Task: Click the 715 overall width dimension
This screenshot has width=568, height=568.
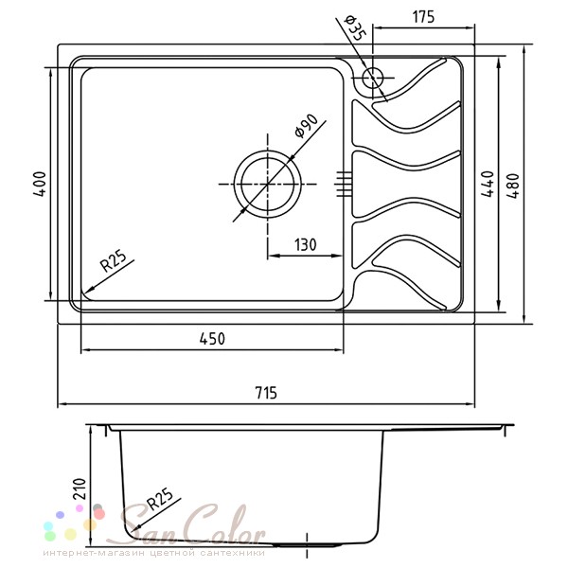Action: click(266, 393)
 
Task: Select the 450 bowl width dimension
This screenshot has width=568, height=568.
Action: click(212, 339)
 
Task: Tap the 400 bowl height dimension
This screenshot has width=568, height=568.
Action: click(40, 184)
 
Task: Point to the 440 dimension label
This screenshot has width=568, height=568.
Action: click(488, 184)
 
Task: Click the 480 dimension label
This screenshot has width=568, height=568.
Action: click(513, 186)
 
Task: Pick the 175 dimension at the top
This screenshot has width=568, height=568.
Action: click(423, 17)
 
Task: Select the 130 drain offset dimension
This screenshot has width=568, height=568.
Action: click(306, 245)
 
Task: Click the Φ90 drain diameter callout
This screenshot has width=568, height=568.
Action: click(306, 126)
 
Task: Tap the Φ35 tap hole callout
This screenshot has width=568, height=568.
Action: click(356, 27)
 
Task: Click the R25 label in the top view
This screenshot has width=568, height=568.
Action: click(114, 261)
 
